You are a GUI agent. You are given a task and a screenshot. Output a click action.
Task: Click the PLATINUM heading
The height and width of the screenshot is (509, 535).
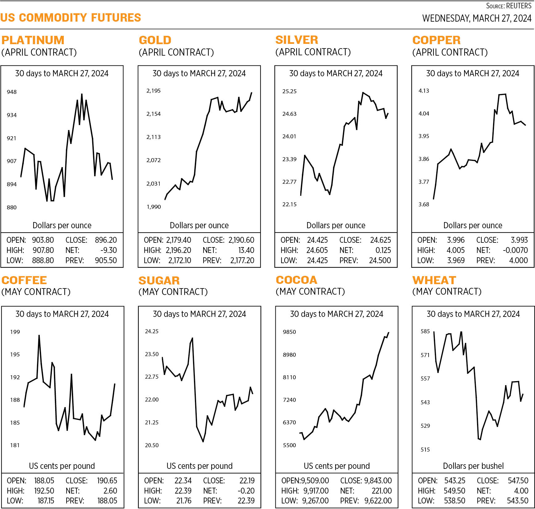coord(33,40)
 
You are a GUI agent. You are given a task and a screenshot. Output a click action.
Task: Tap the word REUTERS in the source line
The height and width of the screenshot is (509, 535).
coord(519,6)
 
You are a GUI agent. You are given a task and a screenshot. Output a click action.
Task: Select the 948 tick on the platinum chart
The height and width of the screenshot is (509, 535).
coord(12,92)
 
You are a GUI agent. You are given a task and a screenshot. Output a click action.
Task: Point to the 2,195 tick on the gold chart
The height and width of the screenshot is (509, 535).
coord(153,91)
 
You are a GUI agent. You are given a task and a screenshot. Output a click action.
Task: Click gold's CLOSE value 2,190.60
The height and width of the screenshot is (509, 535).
coord(241,240)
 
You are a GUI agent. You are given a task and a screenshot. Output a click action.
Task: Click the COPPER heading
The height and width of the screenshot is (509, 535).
coord(436,40)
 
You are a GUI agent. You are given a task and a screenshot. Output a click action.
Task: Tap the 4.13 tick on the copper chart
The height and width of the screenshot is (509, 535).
coord(424,91)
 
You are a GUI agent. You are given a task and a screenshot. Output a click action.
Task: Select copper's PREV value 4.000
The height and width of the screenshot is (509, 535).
coord(518,260)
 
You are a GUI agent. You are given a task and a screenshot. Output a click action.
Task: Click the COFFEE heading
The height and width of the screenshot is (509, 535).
coord(24,280)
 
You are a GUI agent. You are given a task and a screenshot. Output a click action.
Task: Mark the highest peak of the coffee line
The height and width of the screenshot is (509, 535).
coord(39,335)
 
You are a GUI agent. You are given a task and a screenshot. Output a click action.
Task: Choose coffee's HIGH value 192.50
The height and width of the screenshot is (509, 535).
coord(44,491)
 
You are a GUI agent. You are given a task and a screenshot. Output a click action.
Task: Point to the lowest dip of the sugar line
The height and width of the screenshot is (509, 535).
coord(203,442)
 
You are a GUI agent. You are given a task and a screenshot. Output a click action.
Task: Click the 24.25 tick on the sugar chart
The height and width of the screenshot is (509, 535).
coord(152,331)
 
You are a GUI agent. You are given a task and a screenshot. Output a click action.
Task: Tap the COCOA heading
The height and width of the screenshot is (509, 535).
coord(296,280)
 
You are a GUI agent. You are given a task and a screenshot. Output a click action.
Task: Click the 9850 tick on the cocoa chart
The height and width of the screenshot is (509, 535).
coord(289,332)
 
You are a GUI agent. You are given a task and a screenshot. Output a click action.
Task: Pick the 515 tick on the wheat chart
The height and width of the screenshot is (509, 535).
coord(425,450)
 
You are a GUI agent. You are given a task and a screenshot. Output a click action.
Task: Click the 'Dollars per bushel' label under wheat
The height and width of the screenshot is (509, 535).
coord(473,466)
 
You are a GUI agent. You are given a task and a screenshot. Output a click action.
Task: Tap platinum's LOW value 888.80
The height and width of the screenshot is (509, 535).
coord(43,260)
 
